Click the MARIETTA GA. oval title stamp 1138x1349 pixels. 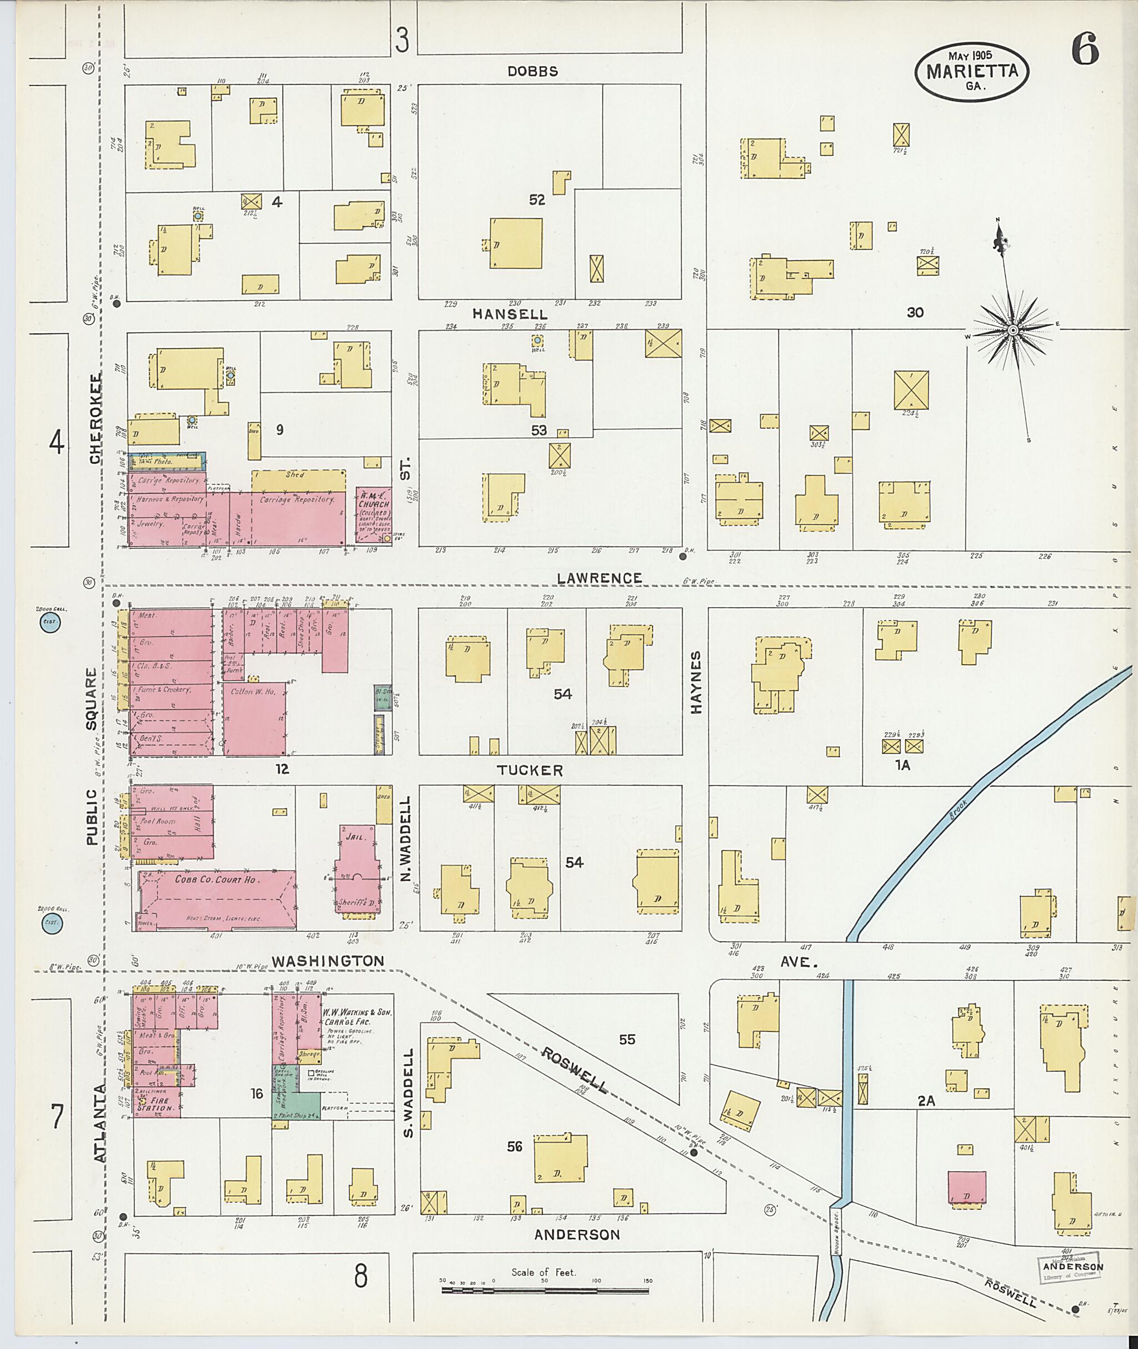[x=971, y=73]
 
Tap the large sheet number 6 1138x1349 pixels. [x=1085, y=51]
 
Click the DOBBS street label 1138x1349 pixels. [x=532, y=72]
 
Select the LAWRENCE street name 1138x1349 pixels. [x=600, y=578]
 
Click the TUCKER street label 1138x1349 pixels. [x=530, y=770]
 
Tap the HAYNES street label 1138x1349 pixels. [x=696, y=681]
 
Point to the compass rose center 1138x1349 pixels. [x=1012, y=330]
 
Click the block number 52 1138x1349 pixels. [x=537, y=200]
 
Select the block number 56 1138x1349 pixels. [x=514, y=1146]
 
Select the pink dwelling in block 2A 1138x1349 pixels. [x=966, y=1186]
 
